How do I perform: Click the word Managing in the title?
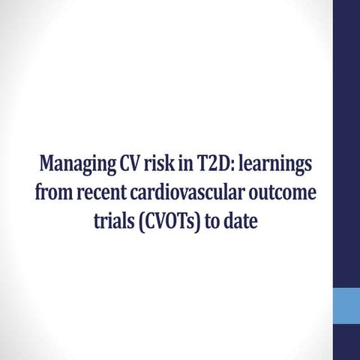click(73, 163)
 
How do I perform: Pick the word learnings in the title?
click(274, 163)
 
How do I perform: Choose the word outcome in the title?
click(281, 193)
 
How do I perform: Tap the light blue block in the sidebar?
click(346, 304)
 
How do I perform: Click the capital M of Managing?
click(49, 163)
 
